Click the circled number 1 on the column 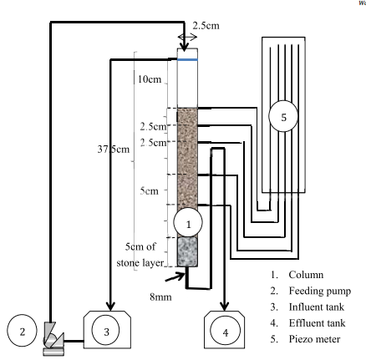(x=188, y=222)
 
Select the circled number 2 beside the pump (x=22, y=331)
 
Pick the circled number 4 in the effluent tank (x=225, y=331)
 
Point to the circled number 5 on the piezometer (x=283, y=116)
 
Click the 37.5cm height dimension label (x=114, y=150)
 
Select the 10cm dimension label (x=150, y=79)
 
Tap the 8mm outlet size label (x=160, y=297)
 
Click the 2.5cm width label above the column (x=206, y=26)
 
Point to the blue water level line (x=187, y=59)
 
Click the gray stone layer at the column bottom (x=187, y=251)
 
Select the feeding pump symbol (x=53, y=338)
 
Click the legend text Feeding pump (x=320, y=291)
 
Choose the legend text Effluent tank (x=317, y=323)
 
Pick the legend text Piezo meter (x=314, y=339)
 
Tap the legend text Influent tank (x=317, y=307)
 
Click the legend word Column (x=306, y=275)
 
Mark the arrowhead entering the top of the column (x=184, y=47)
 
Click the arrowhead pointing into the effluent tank (x=225, y=306)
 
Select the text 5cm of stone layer (x=140, y=255)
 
